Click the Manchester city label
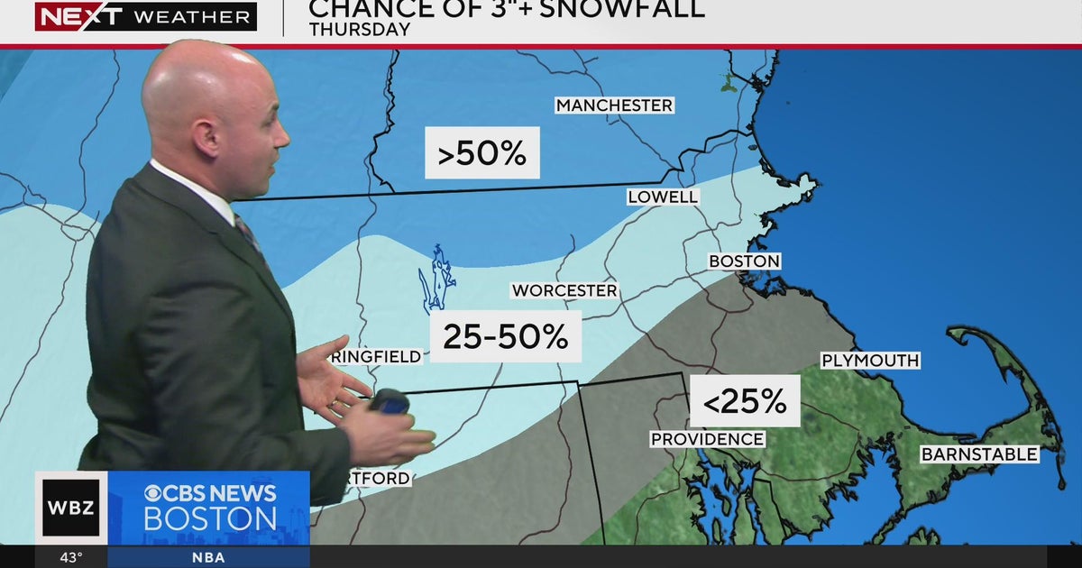[x=614, y=105]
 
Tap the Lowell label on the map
[x=663, y=197]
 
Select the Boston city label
[x=744, y=261]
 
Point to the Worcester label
[x=564, y=290]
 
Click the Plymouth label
[x=870, y=361]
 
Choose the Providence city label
[x=708, y=439]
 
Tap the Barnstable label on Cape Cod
[x=979, y=454]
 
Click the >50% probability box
[x=482, y=153]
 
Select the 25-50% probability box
[x=505, y=336]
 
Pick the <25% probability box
[x=745, y=401]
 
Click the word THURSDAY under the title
[x=360, y=30]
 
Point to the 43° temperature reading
[x=72, y=556]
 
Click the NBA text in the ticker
[x=208, y=556]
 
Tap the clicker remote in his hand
[x=390, y=400]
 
